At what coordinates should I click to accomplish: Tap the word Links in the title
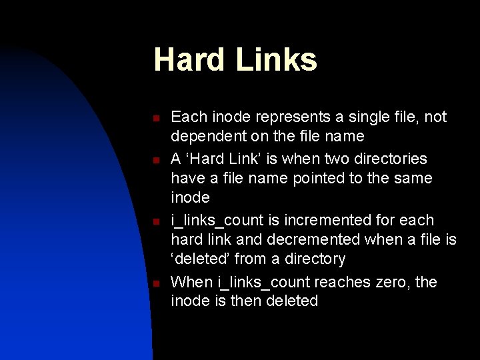point(276,59)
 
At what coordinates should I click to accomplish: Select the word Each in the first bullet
point(188,117)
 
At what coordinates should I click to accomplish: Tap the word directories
point(386,159)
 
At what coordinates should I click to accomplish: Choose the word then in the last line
point(246,301)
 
